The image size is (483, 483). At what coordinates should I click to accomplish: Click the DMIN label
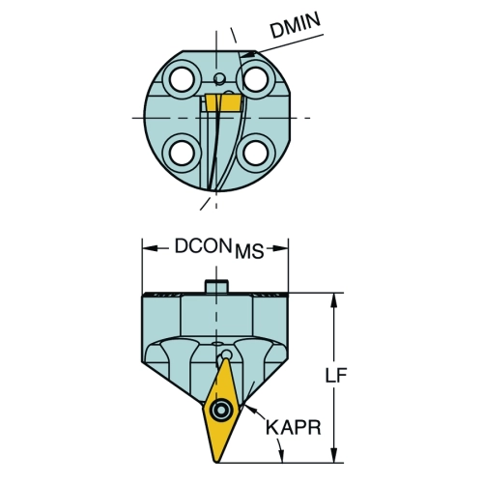(x=296, y=25)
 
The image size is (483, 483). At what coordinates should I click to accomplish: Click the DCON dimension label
(x=203, y=246)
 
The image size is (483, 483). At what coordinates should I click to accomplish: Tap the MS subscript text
(x=249, y=251)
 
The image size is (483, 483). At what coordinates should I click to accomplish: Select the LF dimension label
(x=336, y=375)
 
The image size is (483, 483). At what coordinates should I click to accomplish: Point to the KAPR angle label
(x=294, y=427)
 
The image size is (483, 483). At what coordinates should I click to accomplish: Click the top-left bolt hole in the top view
(x=181, y=79)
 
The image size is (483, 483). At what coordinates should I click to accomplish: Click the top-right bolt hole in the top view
(x=256, y=79)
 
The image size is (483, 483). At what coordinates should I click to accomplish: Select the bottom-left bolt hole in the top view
(x=181, y=153)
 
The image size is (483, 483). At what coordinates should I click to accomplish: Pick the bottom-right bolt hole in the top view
(x=256, y=153)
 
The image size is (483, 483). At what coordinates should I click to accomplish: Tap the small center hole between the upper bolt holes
(x=219, y=78)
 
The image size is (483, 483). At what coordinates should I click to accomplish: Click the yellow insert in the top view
(x=223, y=102)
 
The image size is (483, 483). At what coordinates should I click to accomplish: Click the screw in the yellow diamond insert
(x=221, y=410)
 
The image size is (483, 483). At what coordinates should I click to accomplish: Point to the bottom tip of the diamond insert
(x=216, y=463)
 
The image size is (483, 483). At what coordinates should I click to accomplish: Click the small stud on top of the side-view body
(x=216, y=286)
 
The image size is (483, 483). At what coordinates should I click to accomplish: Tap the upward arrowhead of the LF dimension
(x=335, y=300)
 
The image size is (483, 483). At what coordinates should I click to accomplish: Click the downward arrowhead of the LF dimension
(x=335, y=455)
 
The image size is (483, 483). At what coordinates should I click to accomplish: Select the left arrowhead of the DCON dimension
(x=150, y=248)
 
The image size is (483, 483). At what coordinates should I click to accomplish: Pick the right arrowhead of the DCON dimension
(x=280, y=248)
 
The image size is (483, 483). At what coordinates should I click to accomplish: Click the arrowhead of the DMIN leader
(x=248, y=55)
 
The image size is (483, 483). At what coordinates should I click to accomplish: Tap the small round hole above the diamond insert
(x=227, y=355)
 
